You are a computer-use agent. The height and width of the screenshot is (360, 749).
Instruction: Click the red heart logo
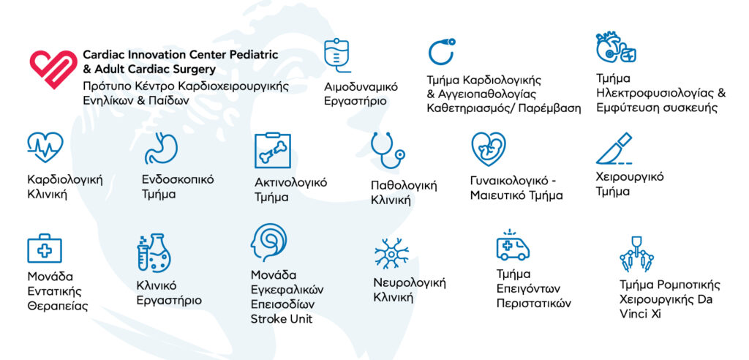(53, 68)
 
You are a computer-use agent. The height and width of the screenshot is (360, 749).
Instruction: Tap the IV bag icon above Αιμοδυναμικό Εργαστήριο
(336, 56)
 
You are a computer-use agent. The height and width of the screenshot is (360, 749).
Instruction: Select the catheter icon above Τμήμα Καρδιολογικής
(441, 52)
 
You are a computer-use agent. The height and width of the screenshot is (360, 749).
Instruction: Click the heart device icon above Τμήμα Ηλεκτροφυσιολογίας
(615, 48)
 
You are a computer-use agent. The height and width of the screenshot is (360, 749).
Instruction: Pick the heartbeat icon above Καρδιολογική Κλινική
(45, 147)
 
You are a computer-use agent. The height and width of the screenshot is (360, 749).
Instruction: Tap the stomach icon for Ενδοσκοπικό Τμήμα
(161, 149)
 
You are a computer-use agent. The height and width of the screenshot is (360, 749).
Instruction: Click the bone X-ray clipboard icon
(272, 150)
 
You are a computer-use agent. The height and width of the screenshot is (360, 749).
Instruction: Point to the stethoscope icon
(387, 150)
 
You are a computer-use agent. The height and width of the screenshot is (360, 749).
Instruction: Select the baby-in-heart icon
(488, 149)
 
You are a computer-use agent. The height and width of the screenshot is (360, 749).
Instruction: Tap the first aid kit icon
(45, 248)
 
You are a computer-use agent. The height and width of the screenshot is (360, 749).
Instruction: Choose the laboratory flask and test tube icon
(154, 252)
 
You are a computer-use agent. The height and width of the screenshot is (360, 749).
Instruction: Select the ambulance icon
(513, 245)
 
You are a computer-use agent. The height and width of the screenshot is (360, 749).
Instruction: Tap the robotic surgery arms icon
(636, 254)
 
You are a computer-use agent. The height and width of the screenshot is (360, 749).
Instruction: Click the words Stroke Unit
(282, 319)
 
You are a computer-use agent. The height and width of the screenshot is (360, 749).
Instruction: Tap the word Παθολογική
(404, 185)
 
